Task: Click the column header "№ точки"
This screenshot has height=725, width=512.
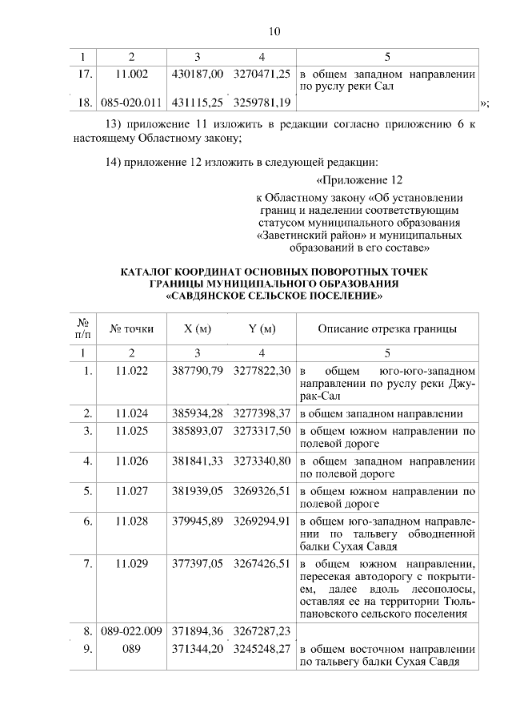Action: (x=132, y=329)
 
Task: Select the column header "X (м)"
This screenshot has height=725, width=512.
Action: (x=198, y=329)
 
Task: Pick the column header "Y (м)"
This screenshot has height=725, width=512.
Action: (x=262, y=329)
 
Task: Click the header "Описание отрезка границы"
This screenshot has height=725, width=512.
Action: (x=388, y=329)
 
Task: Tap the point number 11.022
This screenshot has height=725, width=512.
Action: (x=132, y=372)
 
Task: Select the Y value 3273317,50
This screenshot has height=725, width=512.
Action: (x=262, y=431)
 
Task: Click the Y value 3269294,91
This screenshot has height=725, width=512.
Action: (x=262, y=521)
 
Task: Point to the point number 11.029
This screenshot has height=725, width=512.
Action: (x=132, y=564)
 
